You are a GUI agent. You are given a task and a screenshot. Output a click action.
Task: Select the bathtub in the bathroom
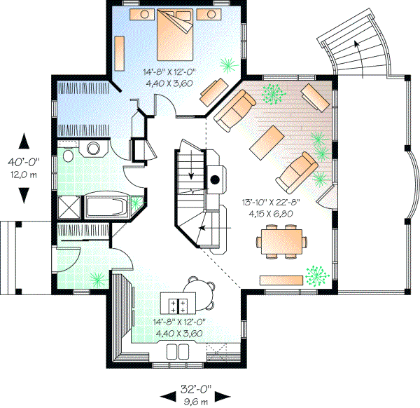click(108, 207)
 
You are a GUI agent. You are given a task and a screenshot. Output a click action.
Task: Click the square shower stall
click(70, 207)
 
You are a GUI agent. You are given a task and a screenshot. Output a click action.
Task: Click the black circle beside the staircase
click(216, 179)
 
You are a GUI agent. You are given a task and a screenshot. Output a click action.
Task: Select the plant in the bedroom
click(227, 65)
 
